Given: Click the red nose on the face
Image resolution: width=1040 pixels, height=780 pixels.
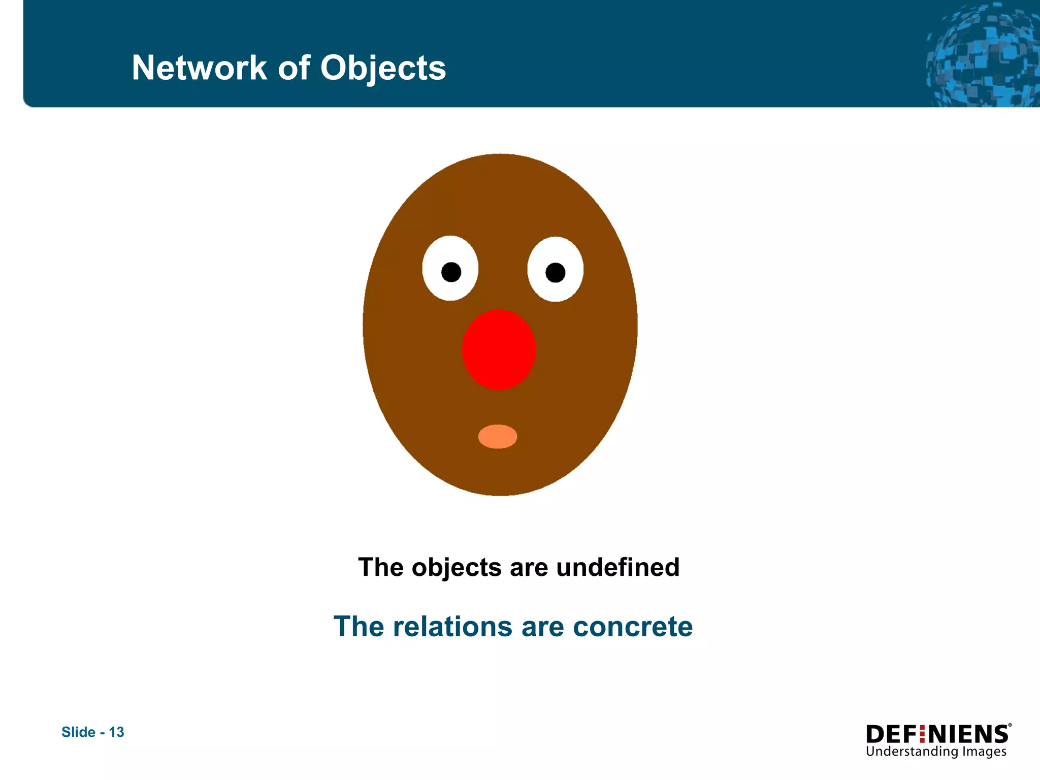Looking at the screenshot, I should point(499,350).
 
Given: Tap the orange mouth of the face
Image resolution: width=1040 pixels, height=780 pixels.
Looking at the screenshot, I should point(498,437).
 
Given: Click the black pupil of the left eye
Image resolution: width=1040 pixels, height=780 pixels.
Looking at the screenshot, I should point(451,272).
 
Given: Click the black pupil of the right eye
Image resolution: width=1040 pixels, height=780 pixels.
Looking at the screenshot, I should point(555,273).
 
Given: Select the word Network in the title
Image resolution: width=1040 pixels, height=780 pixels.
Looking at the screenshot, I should point(199,68).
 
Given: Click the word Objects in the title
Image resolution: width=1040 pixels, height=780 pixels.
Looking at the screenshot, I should point(383,69).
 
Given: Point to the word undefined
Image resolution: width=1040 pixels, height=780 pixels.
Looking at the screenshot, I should point(617,567).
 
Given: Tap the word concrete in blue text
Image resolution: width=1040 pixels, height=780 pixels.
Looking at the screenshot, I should point(633,627).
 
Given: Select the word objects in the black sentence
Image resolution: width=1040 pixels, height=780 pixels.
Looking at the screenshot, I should point(457,568).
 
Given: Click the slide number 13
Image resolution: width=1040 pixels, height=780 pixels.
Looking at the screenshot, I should point(117,732).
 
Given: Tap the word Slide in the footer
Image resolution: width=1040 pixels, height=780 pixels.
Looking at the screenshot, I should point(78,732).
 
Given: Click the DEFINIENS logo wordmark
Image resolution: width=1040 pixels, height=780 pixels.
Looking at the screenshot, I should point(937,734).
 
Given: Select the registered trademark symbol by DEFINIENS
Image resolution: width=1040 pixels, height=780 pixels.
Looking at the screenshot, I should point(1010,726).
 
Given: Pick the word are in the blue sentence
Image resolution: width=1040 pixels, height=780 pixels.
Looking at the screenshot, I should point(542,627).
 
